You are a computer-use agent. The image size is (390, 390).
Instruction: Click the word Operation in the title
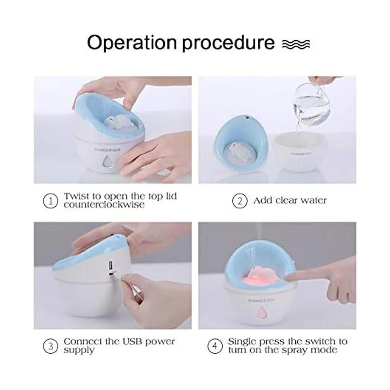pyautogui.click(x=132, y=43)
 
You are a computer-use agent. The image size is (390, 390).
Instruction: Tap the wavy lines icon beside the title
pyautogui.click(x=296, y=44)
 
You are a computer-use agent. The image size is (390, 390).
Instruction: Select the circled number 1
pyautogui.click(x=51, y=201)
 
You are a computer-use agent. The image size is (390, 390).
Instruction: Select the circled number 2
pyautogui.click(x=240, y=201)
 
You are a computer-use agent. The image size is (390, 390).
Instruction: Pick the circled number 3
pyautogui.click(x=51, y=346)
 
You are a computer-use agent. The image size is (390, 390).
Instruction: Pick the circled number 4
pyautogui.click(x=215, y=346)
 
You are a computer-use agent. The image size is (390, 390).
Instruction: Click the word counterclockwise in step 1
pyautogui.click(x=104, y=205)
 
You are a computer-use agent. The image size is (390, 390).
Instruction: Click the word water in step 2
pyautogui.click(x=314, y=201)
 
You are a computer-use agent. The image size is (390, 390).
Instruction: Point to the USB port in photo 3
pyautogui.click(x=111, y=265)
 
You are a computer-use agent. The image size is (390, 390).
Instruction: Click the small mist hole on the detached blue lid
pyautogui.click(x=247, y=117)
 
